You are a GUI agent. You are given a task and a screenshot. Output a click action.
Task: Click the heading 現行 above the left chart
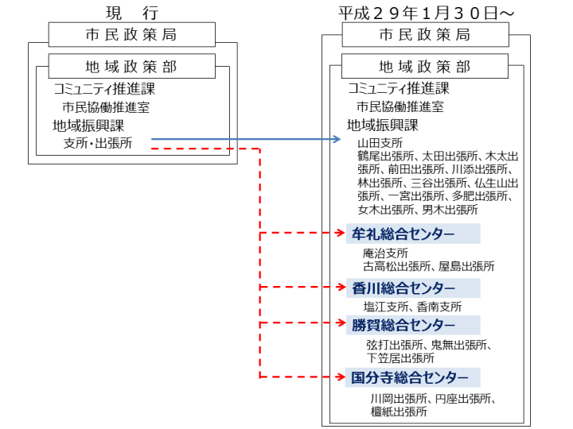(x=132, y=14)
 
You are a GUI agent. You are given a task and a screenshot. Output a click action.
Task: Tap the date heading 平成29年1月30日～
(x=426, y=14)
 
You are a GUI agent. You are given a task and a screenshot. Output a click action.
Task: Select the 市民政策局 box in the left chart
(x=132, y=35)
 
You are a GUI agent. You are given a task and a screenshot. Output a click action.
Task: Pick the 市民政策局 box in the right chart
(x=425, y=35)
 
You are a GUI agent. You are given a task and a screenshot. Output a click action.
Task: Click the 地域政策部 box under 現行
(x=132, y=66)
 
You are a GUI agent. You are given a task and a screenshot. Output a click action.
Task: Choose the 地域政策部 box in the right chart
(x=425, y=66)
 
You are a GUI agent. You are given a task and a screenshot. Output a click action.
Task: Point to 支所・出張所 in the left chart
(x=98, y=143)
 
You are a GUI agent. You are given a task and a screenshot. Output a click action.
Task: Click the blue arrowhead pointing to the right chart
(x=336, y=139)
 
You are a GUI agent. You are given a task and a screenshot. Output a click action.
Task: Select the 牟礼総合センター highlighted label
(x=413, y=234)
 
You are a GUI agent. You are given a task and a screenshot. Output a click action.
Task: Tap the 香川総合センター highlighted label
(x=413, y=288)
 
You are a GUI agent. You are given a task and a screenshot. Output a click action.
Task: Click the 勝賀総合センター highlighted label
(x=413, y=325)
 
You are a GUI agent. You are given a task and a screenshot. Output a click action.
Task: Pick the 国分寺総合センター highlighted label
(x=413, y=377)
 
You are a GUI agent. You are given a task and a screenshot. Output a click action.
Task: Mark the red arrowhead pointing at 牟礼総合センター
(x=341, y=233)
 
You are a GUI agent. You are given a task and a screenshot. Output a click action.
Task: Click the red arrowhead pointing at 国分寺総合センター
(x=341, y=377)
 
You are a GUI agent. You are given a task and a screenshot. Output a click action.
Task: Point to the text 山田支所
(x=380, y=143)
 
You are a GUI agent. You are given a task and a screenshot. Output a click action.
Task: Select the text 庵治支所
(x=385, y=253)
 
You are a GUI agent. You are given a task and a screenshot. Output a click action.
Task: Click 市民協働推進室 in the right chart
(x=400, y=106)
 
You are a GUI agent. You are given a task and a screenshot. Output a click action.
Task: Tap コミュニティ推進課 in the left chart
(x=104, y=89)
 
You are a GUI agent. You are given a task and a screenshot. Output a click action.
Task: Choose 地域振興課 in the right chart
(x=382, y=126)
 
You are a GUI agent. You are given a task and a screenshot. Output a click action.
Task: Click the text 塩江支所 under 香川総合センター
(x=385, y=307)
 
